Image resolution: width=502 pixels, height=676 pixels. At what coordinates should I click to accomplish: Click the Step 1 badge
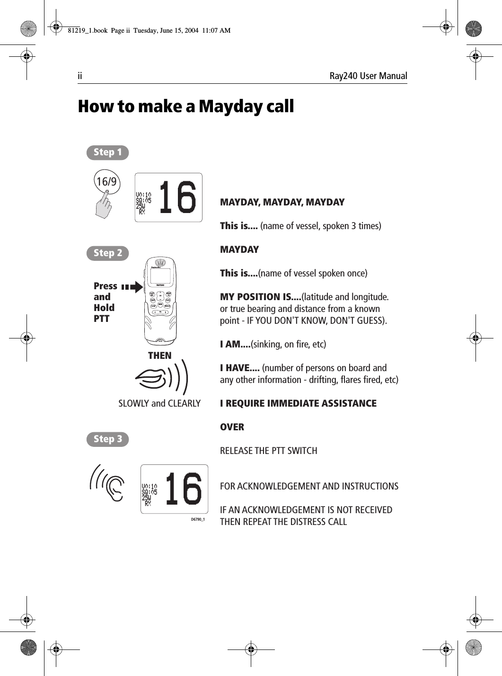tap(107, 152)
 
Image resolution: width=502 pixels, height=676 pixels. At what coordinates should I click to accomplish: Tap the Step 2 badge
tap(107, 253)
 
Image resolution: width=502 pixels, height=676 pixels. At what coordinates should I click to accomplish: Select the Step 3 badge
tap(107, 439)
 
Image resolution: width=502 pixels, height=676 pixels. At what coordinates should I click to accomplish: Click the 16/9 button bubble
tap(106, 181)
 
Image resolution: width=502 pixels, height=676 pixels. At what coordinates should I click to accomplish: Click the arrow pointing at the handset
tap(133, 287)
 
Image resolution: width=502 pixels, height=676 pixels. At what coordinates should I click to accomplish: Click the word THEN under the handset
tap(160, 356)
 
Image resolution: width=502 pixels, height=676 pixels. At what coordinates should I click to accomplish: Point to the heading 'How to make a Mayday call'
tap(185, 107)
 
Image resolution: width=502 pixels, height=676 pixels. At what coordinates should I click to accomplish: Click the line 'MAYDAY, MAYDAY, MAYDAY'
tap(282, 203)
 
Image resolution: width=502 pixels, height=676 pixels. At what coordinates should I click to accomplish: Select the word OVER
tap(232, 427)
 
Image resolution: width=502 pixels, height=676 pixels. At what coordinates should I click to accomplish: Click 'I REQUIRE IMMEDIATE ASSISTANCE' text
tap(298, 403)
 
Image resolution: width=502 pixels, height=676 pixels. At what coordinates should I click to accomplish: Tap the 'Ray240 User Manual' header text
tap(368, 76)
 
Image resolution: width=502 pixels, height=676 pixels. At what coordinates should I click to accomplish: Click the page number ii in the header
tap(80, 76)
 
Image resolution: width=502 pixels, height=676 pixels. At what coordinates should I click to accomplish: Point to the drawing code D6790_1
tap(197, 519)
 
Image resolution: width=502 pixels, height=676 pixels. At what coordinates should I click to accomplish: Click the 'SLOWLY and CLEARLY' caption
tap(159, 403)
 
